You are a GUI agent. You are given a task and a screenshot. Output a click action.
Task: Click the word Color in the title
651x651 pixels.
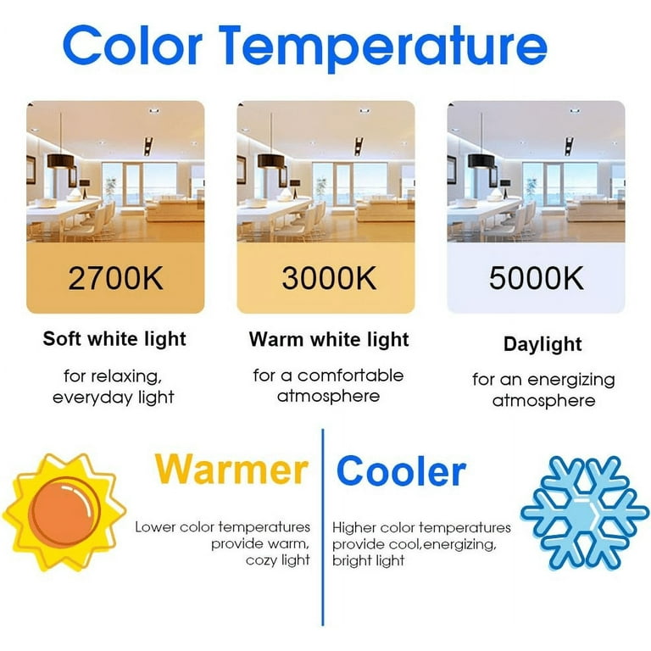click(x=133, y=45)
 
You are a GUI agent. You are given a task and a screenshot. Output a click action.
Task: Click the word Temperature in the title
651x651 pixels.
click(x=383, y=47)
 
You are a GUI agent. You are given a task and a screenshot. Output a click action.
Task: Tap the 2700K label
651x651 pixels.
click(x=115, y=278)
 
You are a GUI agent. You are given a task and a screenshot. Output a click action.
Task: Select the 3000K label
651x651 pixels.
click(x=329, y=278)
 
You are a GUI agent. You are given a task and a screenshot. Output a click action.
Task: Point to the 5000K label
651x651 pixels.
click(x=537, y=278)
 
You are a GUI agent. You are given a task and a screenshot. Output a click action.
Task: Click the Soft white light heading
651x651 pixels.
click(x=114, y=339)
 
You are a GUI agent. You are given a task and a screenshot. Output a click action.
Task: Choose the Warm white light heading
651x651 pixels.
click(x=329, y=339)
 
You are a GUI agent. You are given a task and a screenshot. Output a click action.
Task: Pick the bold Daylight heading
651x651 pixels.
click(x=542, y=345)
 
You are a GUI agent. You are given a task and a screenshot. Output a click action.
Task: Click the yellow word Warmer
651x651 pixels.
click(x=231, y=470)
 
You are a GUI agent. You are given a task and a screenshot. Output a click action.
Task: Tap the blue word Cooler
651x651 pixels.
click(x=402, y=470)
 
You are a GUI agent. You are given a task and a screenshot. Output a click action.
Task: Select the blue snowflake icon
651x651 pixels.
click(x=585, y=513)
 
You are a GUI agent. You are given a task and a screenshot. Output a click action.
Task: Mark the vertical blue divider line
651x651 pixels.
click(x=323, y=527)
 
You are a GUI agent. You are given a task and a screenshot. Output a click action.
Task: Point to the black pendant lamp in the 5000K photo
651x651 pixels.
click(x=481, y=161)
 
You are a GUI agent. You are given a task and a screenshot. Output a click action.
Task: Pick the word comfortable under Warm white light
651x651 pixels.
click(x=350, y=376)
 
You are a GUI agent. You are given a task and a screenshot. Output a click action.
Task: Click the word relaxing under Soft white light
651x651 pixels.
click(x=126, y=376)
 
